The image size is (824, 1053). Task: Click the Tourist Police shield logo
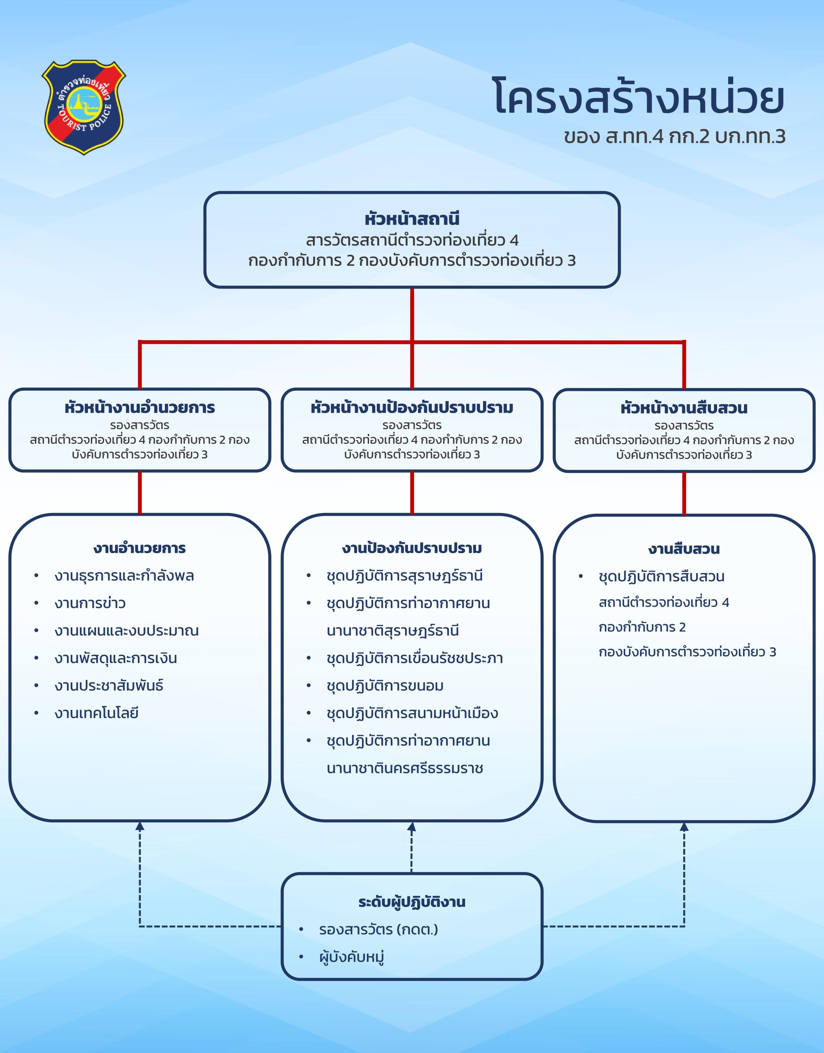(84, 107)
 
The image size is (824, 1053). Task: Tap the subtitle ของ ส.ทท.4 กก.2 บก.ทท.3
(674, 137)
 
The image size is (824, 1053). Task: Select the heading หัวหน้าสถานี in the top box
(412, 219)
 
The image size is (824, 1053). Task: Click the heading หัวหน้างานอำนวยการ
(140, 408)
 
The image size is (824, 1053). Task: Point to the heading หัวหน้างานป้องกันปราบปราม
(412, 408)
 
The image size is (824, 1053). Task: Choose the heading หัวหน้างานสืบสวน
(684, 408)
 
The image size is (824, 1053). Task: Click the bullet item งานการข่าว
(90, 603)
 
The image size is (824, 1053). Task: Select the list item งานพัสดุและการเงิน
(116, 658)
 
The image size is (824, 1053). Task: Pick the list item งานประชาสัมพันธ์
(109, 685)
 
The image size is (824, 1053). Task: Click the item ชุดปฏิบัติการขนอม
(385, 685)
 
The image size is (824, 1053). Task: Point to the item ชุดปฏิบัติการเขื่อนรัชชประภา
(414, 658)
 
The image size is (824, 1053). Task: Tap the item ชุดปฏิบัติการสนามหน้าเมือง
(412, 713)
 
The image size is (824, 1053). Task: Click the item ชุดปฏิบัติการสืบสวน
(662, 576)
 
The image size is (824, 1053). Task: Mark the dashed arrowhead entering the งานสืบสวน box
(684, 827)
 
